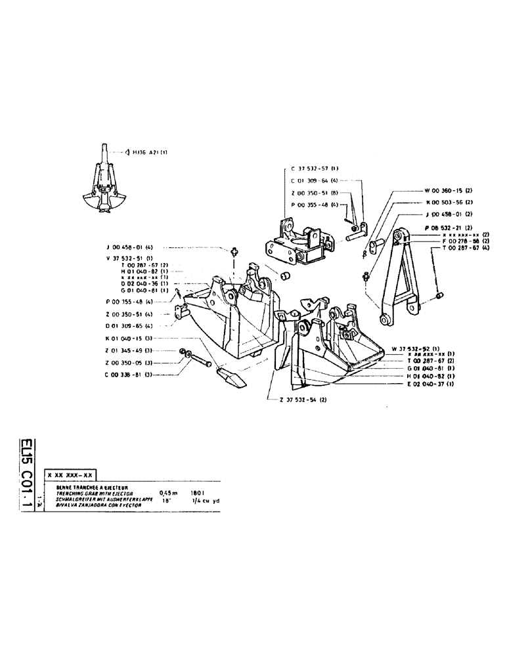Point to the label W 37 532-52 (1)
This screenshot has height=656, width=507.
[418, 347]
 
